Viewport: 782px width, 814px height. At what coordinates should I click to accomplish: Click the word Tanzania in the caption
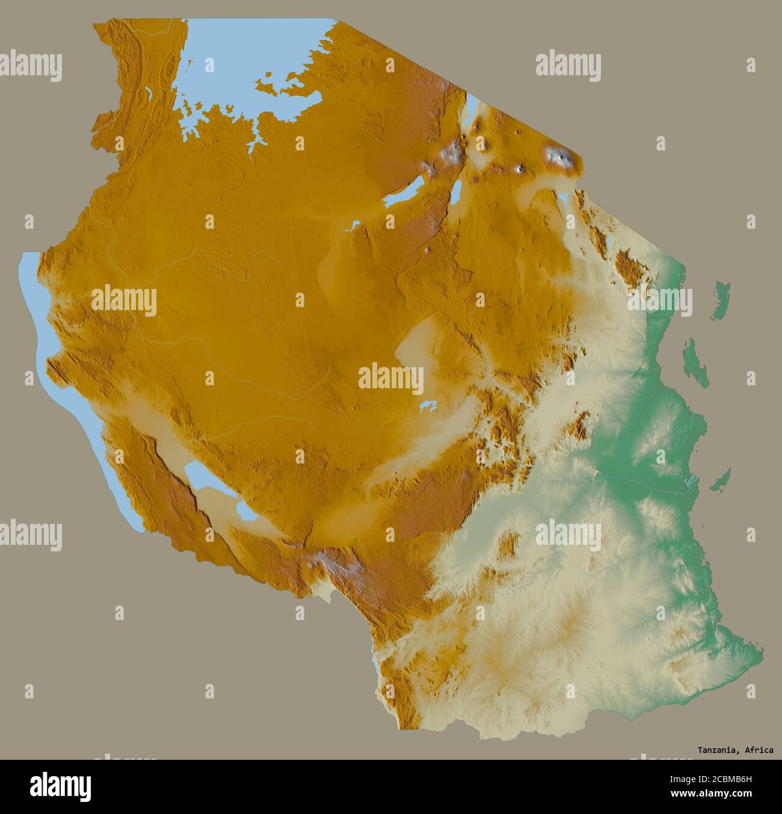(718, 750)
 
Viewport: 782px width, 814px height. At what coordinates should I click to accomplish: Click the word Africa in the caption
(760, 750)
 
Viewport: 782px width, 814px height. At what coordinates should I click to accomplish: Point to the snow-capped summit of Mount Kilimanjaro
(559, 158)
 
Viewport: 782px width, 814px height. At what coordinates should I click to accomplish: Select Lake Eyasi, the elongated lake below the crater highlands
(404, 194)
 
